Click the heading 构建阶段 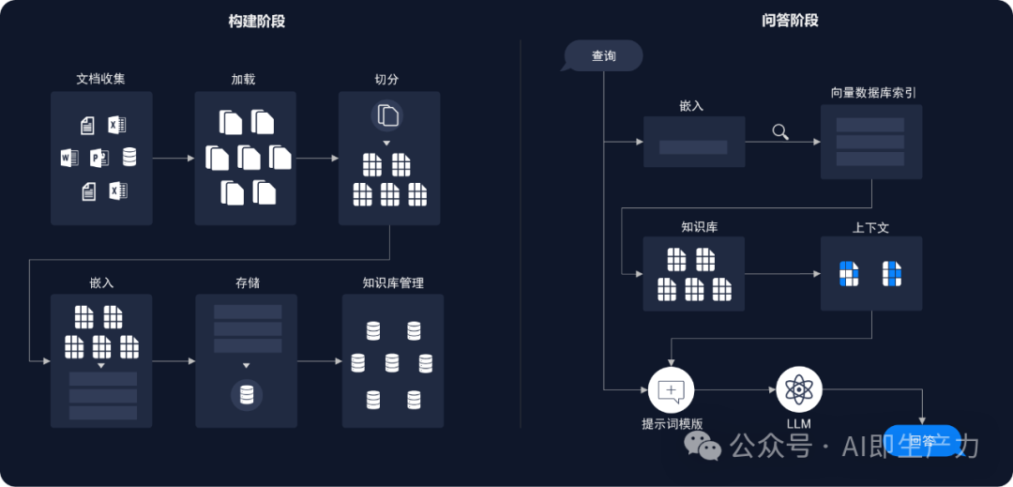click(257, 21)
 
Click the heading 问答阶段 click(790, 21)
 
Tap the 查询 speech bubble click(603, 56)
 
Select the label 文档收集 click(100, 79)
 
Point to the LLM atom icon click(799, 388)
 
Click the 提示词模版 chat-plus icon click(671, 388)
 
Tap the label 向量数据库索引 click(873, 93)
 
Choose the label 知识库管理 click(393, 282)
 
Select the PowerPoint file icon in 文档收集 click(99, 158)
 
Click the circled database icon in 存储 click(247, 395)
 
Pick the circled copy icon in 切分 click(388, 115)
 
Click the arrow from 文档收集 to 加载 click(174, 158)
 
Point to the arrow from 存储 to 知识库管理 click(320, 361)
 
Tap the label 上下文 click(870, 227)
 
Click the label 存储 click(247, 282)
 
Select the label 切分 click(387, 79)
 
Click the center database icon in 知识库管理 click(392, 362)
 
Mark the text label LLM click(799, 423)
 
